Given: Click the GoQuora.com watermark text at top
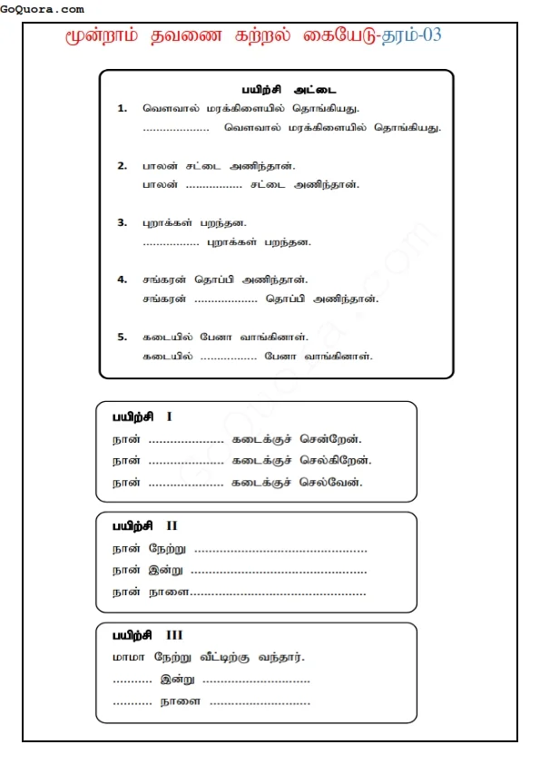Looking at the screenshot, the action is click(43, 9).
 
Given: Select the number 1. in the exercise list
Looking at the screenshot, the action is click(123, 108).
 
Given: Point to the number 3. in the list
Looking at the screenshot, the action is click(123, 222).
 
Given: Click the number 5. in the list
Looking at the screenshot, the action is click(123, 337).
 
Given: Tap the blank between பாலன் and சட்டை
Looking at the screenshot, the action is click(213, 185).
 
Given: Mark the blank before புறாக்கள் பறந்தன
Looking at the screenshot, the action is click(171, 243).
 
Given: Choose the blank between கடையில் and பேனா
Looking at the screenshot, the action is click(228, 357).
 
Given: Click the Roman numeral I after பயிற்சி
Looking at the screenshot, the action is click(169, 416).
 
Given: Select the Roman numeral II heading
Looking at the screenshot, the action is click(172, 525).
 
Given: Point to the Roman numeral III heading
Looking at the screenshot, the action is click(174, 635).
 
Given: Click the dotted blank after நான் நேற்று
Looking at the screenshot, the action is click(280, 549).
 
